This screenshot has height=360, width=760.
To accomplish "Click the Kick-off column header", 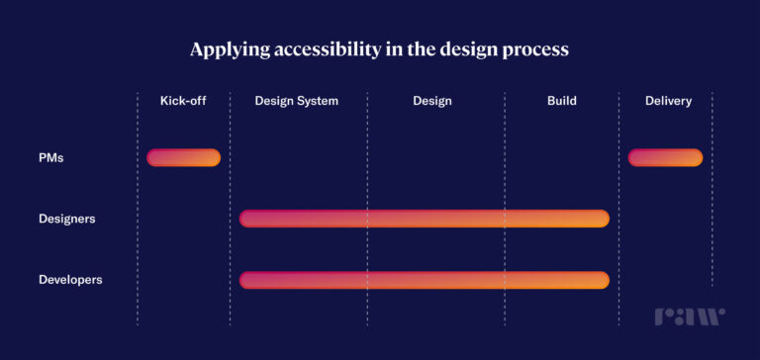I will click(x=183, y=101).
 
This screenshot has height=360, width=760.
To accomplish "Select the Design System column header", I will click(x=297, y=101).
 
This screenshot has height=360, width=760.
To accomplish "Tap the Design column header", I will click(x=432, y=101).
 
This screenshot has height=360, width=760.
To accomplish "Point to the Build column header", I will click(x=561, y=101).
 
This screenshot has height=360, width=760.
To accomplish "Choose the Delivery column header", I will click(x=668, y=101).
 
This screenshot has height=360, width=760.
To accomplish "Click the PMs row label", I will click(x=51, y=157).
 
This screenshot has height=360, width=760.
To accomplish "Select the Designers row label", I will click(x=67, y=219).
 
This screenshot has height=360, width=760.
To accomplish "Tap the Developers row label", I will click(x=70, y=280).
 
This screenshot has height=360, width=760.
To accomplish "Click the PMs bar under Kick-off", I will click(x=183, y=157).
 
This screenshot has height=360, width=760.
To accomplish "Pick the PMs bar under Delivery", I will click(x=665, y=157).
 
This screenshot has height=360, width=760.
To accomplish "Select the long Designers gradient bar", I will click(x=424, y=219).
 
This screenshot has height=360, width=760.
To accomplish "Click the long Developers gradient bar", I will click(x=424, y=280).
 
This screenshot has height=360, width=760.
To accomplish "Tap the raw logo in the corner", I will click(x=689, y=316).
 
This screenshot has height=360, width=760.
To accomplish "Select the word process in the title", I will click(x=532, y=49).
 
